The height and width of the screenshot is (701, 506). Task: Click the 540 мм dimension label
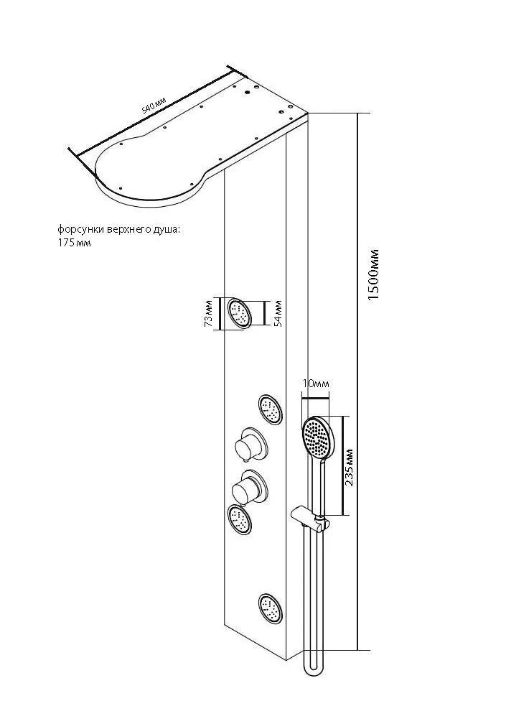click(154, 108)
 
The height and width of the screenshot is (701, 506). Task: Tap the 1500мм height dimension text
click(373, 274)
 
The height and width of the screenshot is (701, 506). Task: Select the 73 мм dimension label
click(209, 315)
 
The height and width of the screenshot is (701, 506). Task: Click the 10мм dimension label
click(315, 384)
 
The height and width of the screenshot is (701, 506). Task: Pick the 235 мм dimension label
click(350, 467)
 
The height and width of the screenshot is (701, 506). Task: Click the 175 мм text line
click(74, 243)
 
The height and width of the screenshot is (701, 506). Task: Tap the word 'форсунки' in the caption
click(80, 230)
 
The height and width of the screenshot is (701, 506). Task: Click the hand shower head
click(317, 437)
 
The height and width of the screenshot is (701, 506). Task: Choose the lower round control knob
click(249, 488)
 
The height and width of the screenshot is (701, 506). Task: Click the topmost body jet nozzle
click(240, 313)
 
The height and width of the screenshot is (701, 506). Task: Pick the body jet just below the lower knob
click(240, 519)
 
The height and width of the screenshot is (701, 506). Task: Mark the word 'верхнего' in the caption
click(129, 230)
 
